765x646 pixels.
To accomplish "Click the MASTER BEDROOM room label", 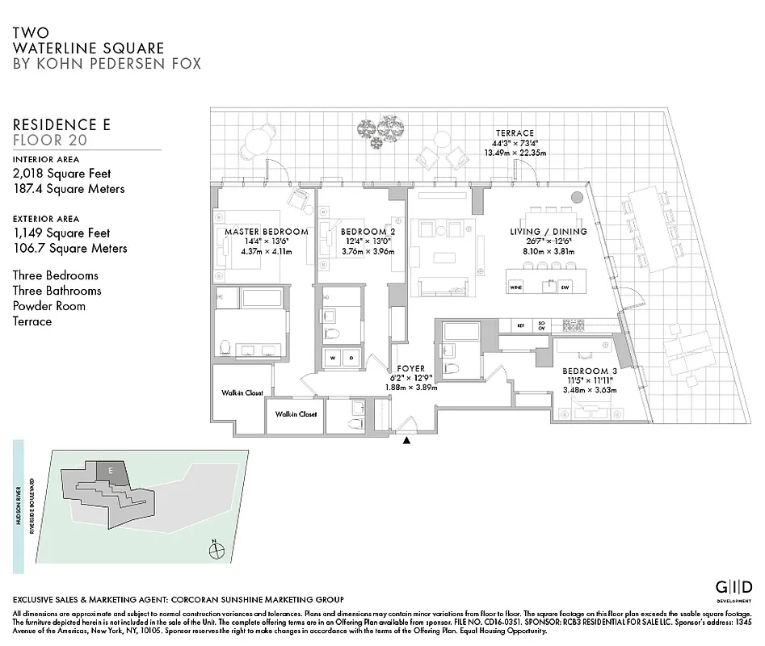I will coord(266,232).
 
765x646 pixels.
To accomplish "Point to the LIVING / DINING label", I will coord(548,232).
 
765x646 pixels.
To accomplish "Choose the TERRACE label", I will coord(515,133).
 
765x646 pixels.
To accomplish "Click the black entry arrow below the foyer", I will coord(406,440).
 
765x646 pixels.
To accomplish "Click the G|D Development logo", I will coord(734,588).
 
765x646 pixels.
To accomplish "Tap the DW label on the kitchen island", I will coord(565,286).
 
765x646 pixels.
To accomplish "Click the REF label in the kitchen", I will coord(520,325).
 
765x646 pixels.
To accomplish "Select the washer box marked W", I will coord(334,357).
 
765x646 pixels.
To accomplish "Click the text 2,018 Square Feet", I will coord(61,174).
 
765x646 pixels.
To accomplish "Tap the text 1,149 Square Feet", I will coord(61,233).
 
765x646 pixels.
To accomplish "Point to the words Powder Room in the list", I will coord(48,306).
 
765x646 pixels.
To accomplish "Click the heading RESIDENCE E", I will coord(61,125).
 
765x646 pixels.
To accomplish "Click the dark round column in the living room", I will coord(577,197).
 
